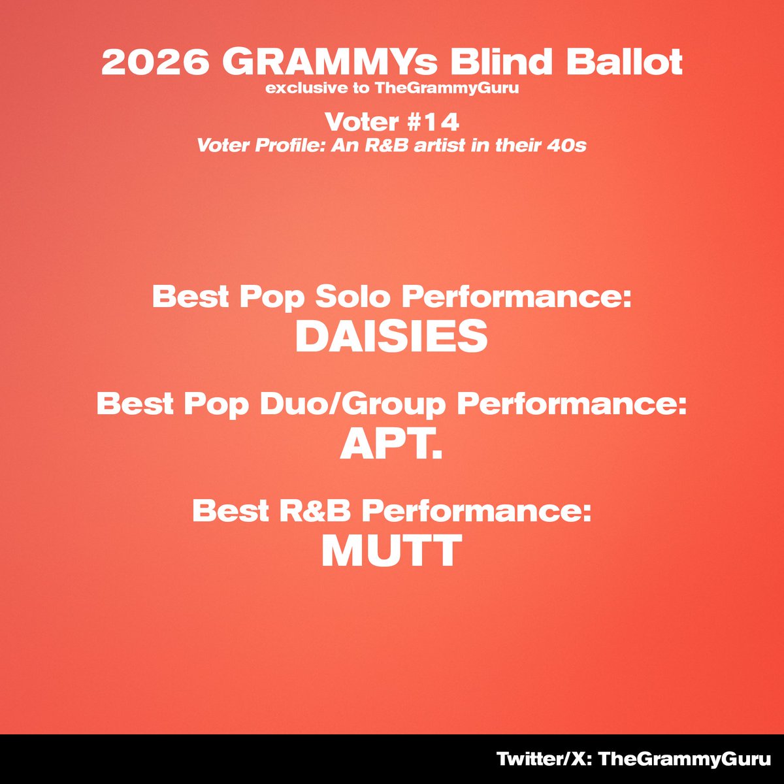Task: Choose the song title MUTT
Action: [x=391, y=551]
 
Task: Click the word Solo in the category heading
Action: [x=353, y=298]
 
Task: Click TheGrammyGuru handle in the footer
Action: [x=685, y=759]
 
